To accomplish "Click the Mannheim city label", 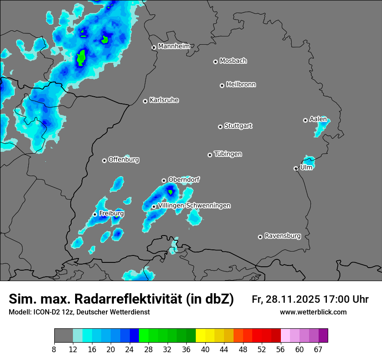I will click(174, 46).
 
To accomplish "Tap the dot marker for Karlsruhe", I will click(145, 101).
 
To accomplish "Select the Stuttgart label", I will click(238, 126).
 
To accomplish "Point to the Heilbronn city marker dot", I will click(222, 85).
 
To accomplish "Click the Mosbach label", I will click(233, 61).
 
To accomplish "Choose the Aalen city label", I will click(318, 119).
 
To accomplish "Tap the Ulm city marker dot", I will click(296, 168).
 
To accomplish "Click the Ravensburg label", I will click(283, 236).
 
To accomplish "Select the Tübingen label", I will click(228, 154).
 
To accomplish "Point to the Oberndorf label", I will click(184, 180).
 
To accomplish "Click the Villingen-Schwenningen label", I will click(194, 206).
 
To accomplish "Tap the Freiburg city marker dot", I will click(95, 214).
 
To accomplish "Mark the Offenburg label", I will click(124, 160).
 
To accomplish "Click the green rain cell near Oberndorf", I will click(171, 192).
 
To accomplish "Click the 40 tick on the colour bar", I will click(205, 350).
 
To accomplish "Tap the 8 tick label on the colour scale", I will click(54, 350).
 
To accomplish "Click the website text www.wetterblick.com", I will click(313, 312).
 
